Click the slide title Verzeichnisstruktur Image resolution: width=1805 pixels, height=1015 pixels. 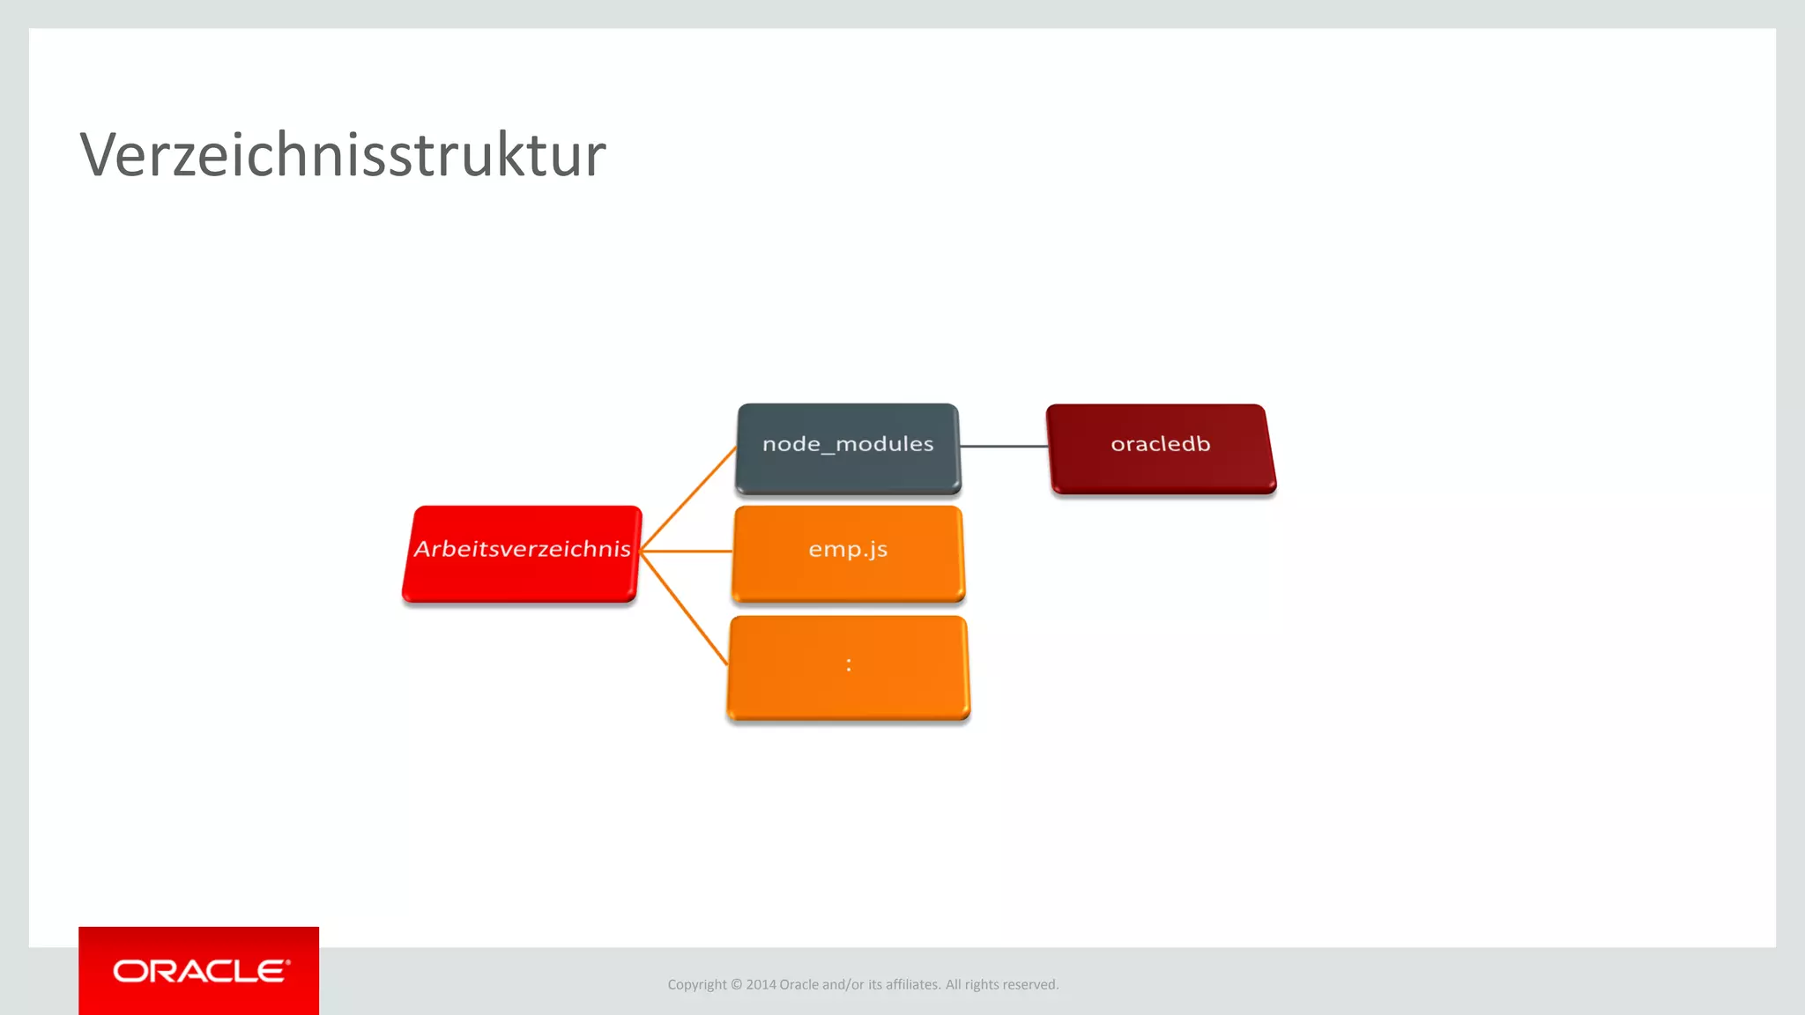pos(343,155)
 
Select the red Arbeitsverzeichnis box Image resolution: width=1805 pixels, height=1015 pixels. pos(522,553)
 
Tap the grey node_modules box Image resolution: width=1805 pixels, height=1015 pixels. pos(848,448)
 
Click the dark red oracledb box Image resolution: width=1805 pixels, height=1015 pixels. pos(1161,448)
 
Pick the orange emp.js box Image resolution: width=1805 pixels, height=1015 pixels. pos(848,552)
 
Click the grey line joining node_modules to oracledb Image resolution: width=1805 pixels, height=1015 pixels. pos(1003,447)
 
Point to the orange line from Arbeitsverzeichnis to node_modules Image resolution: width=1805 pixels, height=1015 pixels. pos(689,498)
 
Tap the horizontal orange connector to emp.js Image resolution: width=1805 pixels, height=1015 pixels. pos(687,552)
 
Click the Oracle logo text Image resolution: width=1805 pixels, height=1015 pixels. pos(200,971)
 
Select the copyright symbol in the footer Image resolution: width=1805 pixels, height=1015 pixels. pos(737,985)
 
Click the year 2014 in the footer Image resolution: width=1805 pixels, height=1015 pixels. pos(761,985)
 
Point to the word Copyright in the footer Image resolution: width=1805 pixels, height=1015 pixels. pos(696,985)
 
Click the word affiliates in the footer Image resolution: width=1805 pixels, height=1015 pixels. pos(911,985)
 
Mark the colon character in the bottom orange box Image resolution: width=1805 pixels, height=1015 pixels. pos(849,665)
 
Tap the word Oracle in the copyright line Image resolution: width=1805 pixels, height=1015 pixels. pos(799,985)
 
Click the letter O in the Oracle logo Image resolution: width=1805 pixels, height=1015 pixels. pos(130,971)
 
